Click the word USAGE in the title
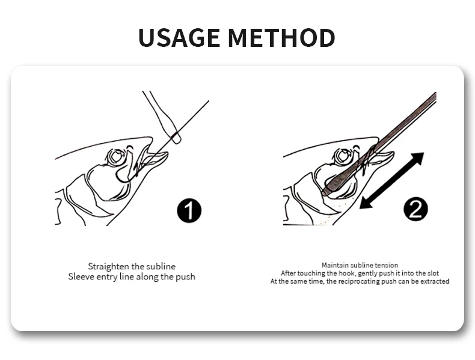coord(179,37)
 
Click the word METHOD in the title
coord(281,37)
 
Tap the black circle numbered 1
coord(189,211)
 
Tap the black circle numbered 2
coord(415,209)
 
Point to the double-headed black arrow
coord(391,181)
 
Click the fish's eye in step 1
coord(115,156)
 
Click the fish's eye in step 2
coord(343,156)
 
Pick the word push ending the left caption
coord(186,276)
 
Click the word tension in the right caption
coord(387,265)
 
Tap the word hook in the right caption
coord(346,273)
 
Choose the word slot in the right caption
coord(433,273)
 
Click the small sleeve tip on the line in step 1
coord(176,138)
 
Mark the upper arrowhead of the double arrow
coord(417,159)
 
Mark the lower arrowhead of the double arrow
coord(366,203)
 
